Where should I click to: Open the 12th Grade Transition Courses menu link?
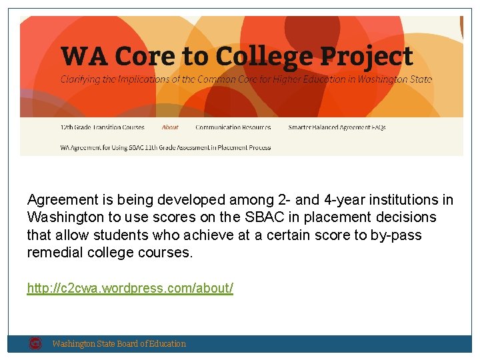[x=102, y=127]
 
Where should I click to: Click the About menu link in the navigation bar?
[x=170, y=127]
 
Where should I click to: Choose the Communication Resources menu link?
[x=233, y=127]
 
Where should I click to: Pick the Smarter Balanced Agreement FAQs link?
[x=337, y=127]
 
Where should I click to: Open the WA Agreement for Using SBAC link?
[x=165, y=147]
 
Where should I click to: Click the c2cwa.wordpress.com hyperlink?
[x=130, y=289]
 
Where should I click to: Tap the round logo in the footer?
[x=35, y=343]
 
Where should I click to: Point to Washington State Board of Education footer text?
[x=119, y=344]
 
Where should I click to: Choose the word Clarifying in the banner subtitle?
[x=83, y=79]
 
